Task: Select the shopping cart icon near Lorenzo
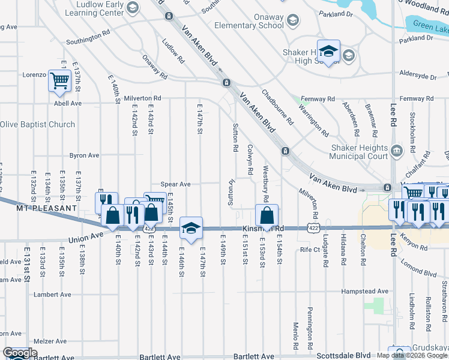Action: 59,80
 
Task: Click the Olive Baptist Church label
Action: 37,125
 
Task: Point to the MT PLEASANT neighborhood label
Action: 38,208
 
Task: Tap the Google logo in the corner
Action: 20,353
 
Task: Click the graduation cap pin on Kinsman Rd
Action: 191,228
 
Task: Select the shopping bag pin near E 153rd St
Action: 267,215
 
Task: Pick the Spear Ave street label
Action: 175,184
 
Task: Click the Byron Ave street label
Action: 84,155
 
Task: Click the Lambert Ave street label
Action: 53,295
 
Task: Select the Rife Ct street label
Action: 310,249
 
